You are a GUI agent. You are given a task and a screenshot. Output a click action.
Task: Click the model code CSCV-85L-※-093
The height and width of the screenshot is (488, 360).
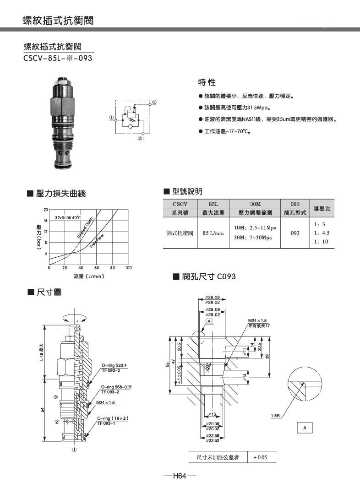tap(58, 58)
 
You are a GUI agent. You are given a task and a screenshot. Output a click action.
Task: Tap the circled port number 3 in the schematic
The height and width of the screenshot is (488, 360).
tap(154, 102)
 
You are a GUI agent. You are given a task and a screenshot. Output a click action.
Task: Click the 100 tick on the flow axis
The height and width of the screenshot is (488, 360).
tap(128, 268)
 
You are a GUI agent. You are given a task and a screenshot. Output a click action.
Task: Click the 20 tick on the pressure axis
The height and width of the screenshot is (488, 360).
tap(45, 210)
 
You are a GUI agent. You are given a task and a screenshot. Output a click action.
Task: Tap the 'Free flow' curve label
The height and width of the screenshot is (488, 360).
tap(97, 241)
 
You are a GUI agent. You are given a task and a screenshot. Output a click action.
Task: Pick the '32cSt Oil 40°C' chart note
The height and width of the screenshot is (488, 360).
tap(68, 218)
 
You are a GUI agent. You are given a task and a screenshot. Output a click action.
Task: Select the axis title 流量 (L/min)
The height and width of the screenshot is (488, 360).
tap(89, 277)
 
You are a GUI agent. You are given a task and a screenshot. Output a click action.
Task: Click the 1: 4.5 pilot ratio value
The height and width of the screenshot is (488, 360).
tap(322, 233)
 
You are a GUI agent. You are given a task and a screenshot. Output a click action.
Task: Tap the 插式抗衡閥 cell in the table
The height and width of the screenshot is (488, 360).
tap(180, 233)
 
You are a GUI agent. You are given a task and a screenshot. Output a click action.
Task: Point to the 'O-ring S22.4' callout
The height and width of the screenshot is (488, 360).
tap(114, 365)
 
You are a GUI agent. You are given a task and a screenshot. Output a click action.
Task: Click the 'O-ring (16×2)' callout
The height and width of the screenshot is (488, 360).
tap(113, 418)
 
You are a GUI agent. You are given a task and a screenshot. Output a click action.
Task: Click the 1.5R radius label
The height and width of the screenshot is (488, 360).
tap(275, 416)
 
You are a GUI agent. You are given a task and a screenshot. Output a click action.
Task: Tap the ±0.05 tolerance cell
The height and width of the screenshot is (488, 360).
tap(260, 457)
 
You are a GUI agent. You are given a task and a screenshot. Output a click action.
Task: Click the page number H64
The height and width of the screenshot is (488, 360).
tap(180, 477)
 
